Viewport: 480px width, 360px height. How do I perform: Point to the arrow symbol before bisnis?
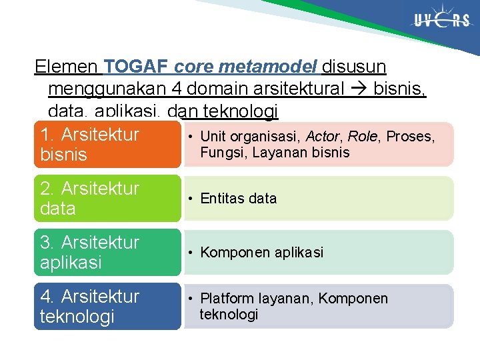(361, 89)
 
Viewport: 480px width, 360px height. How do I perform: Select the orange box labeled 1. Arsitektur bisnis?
(107, 145)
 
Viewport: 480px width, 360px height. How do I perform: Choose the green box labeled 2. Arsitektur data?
(107, 199)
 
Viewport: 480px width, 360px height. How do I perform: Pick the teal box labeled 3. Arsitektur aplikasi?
(107, 253)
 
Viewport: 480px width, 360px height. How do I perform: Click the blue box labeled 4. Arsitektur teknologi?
(107, 307)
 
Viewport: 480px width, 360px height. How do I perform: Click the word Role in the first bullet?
(363, 137)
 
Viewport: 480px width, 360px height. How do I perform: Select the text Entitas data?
(238, 199)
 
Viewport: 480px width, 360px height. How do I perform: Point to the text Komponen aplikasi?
(261, 253)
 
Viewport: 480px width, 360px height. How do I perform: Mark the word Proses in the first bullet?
(410, 137)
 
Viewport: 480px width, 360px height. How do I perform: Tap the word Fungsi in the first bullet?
(221, 153)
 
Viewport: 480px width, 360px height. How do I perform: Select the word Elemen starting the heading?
(66, 67)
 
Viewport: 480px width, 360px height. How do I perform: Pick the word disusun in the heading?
(353, 67)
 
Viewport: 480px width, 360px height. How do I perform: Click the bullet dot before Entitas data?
(190, 199)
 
